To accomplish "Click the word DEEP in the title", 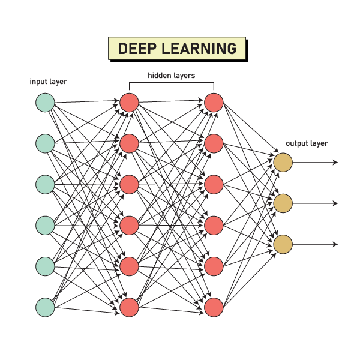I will pyautogui.click(x=139, y=49).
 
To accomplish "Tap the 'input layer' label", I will pyautogui.click(x=49, y=82).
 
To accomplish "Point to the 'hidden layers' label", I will pyautogui.click(x=172, y=76).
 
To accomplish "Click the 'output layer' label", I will pyautogui.click(x=307, y=143).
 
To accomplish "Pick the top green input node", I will pyautogui.click(x=45, y=103).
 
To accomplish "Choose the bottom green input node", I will pyautogui.click(x=45, y=307).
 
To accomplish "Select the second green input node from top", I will pyautogui.click(x=45, y=143).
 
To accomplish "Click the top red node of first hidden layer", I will pyautogui.click(x=129, y=103).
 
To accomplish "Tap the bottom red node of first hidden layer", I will pyautogui.click(x=129, y=307).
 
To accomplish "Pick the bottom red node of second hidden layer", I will pyautogui.click(x=214, y=307).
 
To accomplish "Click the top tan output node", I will pyautogui.click(x=283, y=162).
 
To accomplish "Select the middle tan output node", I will pyautogui.click(x=283, y=203).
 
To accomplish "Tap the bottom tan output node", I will pyautogui.click(x=283, y=244).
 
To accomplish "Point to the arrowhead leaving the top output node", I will pyautogui.click(x=335, y=162).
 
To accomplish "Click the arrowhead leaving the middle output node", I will pyautogui.click(x=335, y=203).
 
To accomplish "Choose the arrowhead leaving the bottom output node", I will pyautogui.click(x=335, y=244).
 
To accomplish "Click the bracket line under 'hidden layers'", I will pyautogui.click(x=172, y=85).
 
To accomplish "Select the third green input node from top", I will pyautogui.click(x=45, y=184).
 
